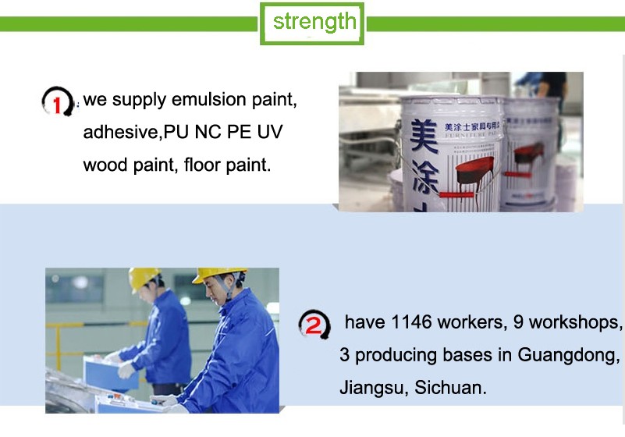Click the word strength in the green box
[x=314, y=23]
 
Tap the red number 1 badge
[x=58, y=101]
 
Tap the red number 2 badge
[x=314, y=325]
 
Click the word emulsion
[x=208, y=99]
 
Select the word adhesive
[x=121, y=132]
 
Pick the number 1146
[x=411, y=322]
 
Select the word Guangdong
[x=568, y=355]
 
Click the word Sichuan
[x=450, y=388]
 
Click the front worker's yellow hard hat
[x=218, y=275]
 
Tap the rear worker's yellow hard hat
[x=144, y=279]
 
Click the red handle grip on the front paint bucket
[x=456, y=195]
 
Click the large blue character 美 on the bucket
[x=424, y=136]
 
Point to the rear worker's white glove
[x=126, y=369]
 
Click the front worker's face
[x=215, y=289]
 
